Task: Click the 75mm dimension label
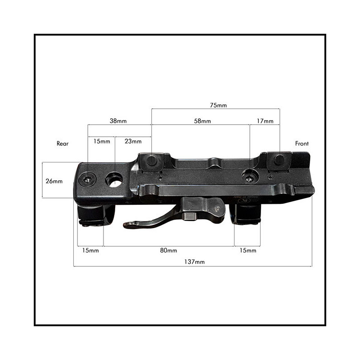tap(218, 105)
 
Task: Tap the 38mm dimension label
tap(118, 121)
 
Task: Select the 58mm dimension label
tap(202, 121)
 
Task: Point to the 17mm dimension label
tap(265, 121)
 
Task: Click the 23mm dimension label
tap(133, 141)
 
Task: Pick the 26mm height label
tap(54, 181)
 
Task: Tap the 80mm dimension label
tap(168, 250)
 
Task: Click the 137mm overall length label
tap(194, 262)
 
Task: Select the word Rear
tap(63, 144)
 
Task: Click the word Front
tap(301, 144)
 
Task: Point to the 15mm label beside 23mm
tap(102, 141)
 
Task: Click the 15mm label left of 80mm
tap(90, 250)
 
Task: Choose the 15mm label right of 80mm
tap(248, 250)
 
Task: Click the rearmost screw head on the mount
tap(87, 180)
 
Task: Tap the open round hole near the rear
tap(114, 180)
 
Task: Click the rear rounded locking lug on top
tap(152, 161)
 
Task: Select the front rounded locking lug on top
tap(279, 160)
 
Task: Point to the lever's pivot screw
tap(216, 209)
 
